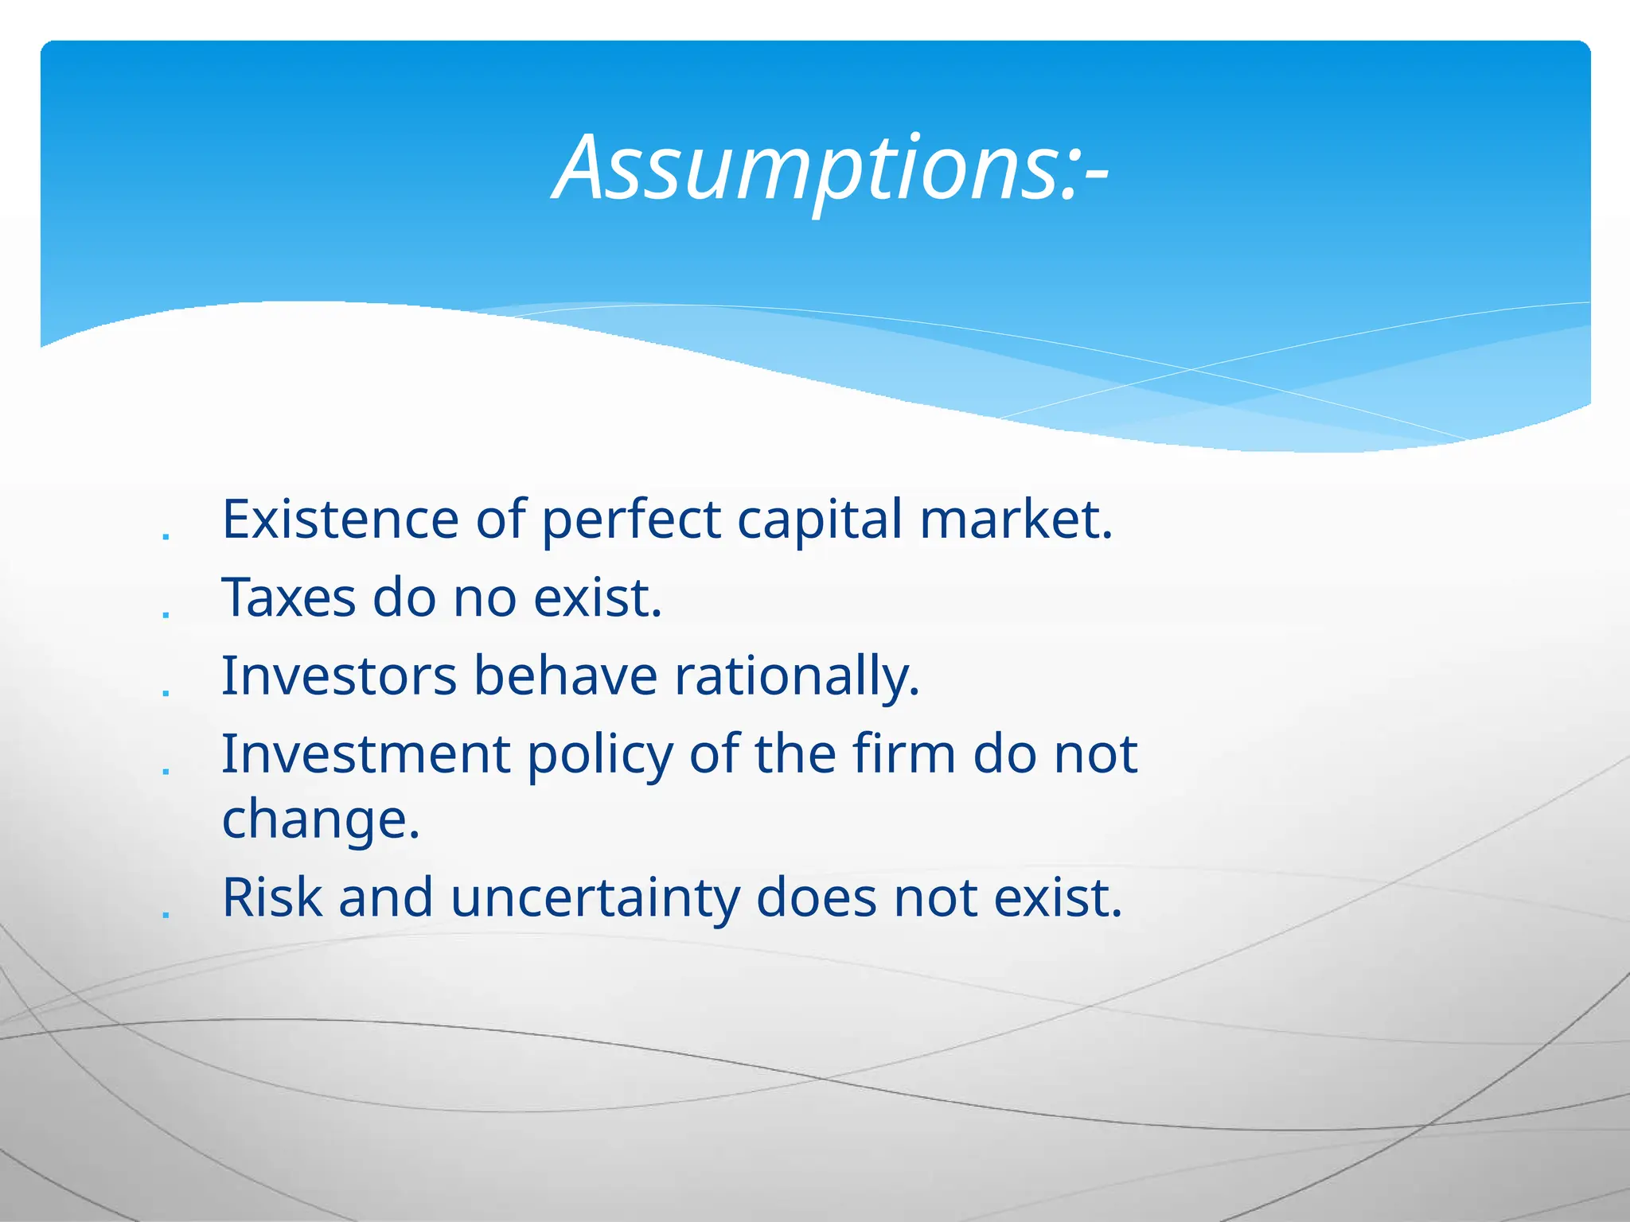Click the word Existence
click(340, 520)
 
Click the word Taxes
click(289, 597)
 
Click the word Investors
click(339, 675)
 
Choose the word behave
click(565, 675)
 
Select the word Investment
click(366, 753)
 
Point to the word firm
click(903, 753)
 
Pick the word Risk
click(272, 897)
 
